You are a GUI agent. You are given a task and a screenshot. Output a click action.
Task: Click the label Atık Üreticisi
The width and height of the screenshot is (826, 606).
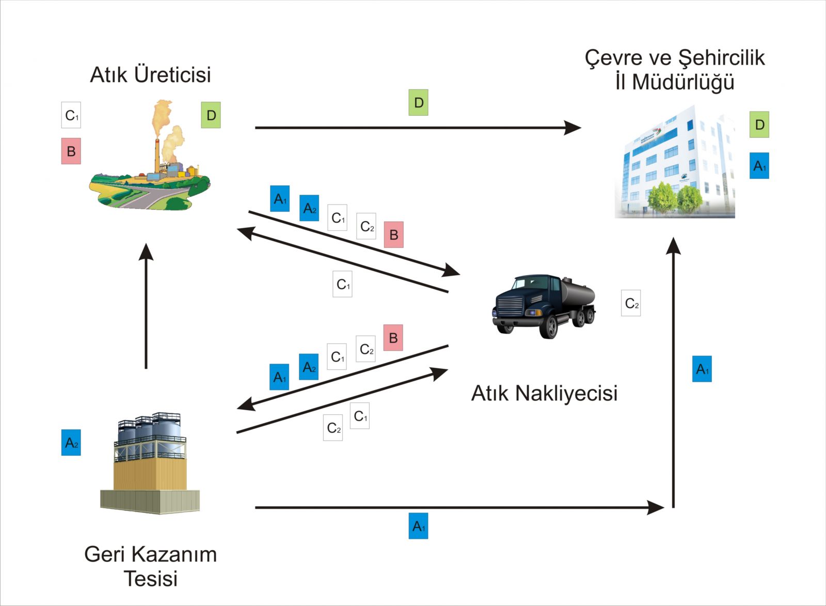(x=150, y=75)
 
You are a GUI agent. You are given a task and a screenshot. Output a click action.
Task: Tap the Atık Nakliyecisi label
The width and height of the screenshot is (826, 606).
(x=544, y=393)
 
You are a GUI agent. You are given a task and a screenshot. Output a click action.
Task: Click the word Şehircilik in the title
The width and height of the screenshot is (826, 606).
(x=721, y=58)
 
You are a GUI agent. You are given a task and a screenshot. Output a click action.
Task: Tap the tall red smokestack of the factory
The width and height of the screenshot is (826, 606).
(x=157, y=155)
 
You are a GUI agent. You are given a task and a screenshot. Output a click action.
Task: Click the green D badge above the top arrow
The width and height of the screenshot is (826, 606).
(x=418, y=102)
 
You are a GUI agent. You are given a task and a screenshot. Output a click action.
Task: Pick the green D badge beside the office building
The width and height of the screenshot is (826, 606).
(x=759, y=125)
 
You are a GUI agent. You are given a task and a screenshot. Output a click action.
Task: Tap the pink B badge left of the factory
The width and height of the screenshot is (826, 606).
(x=71, y=151)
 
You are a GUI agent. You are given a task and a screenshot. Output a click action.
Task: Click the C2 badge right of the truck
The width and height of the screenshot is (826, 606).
(x=631, y=303)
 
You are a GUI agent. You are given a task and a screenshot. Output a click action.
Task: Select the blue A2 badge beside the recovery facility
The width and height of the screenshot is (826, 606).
(x=71, y=443)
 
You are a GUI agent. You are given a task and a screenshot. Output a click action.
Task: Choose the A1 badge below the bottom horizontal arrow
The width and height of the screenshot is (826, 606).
(x=418, y=526)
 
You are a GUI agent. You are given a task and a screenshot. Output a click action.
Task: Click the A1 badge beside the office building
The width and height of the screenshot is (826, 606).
(x=759, y=166)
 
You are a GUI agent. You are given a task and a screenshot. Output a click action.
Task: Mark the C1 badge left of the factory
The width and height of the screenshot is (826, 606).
(x=71, y=115)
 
